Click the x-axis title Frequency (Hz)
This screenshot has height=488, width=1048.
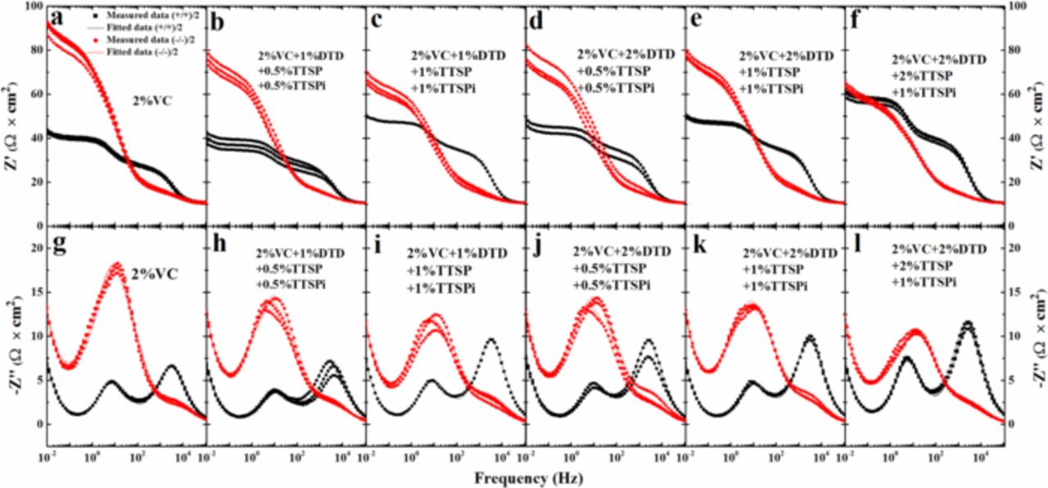(522, 475)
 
